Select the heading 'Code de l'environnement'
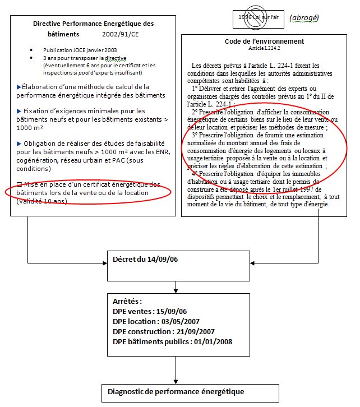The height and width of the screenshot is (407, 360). tap(264, 41)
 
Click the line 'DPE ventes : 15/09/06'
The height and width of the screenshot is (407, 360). tap(150, 311)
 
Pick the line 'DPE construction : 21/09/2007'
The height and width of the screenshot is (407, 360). tap(163, 331)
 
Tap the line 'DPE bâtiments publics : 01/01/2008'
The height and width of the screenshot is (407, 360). tap(172, 341)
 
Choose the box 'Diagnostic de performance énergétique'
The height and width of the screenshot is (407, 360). tap(176, 391)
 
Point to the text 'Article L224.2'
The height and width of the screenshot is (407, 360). tap(264, 49)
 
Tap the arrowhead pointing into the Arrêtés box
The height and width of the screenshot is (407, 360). tap(176, 290)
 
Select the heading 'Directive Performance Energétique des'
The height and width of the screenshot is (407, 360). tap(93, 24)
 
